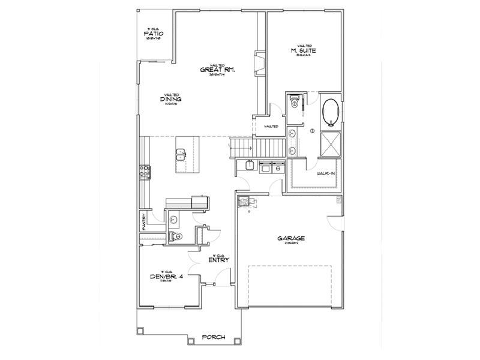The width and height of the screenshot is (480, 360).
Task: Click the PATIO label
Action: point(154,34)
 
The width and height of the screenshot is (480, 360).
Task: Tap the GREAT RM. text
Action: point(217,70)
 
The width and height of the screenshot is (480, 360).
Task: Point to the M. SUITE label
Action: point(304,51)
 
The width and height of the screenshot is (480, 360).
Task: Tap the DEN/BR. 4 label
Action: point(166,277)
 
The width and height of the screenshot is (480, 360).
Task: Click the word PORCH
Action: point(213,338)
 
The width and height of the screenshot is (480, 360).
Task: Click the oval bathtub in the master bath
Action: point(331,112)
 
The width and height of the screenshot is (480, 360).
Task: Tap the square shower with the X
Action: point(331,142)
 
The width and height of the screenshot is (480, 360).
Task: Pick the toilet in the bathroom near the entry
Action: point(173,236)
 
